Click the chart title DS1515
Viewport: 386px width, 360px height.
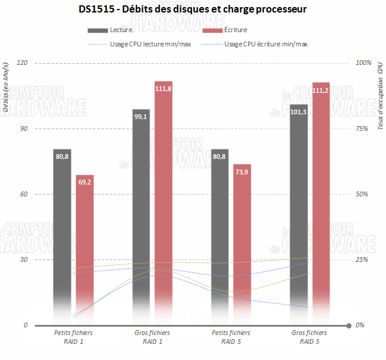193,10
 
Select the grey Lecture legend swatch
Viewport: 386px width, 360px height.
98,30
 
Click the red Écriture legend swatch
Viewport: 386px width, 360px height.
213,30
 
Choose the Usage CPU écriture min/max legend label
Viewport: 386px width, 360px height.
266,44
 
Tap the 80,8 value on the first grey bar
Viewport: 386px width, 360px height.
62,156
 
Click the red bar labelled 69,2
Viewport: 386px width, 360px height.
84,238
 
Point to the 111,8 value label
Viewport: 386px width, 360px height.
164,89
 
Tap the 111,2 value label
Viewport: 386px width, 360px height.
321,90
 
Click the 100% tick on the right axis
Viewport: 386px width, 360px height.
363,62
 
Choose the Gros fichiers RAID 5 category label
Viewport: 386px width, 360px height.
309,337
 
